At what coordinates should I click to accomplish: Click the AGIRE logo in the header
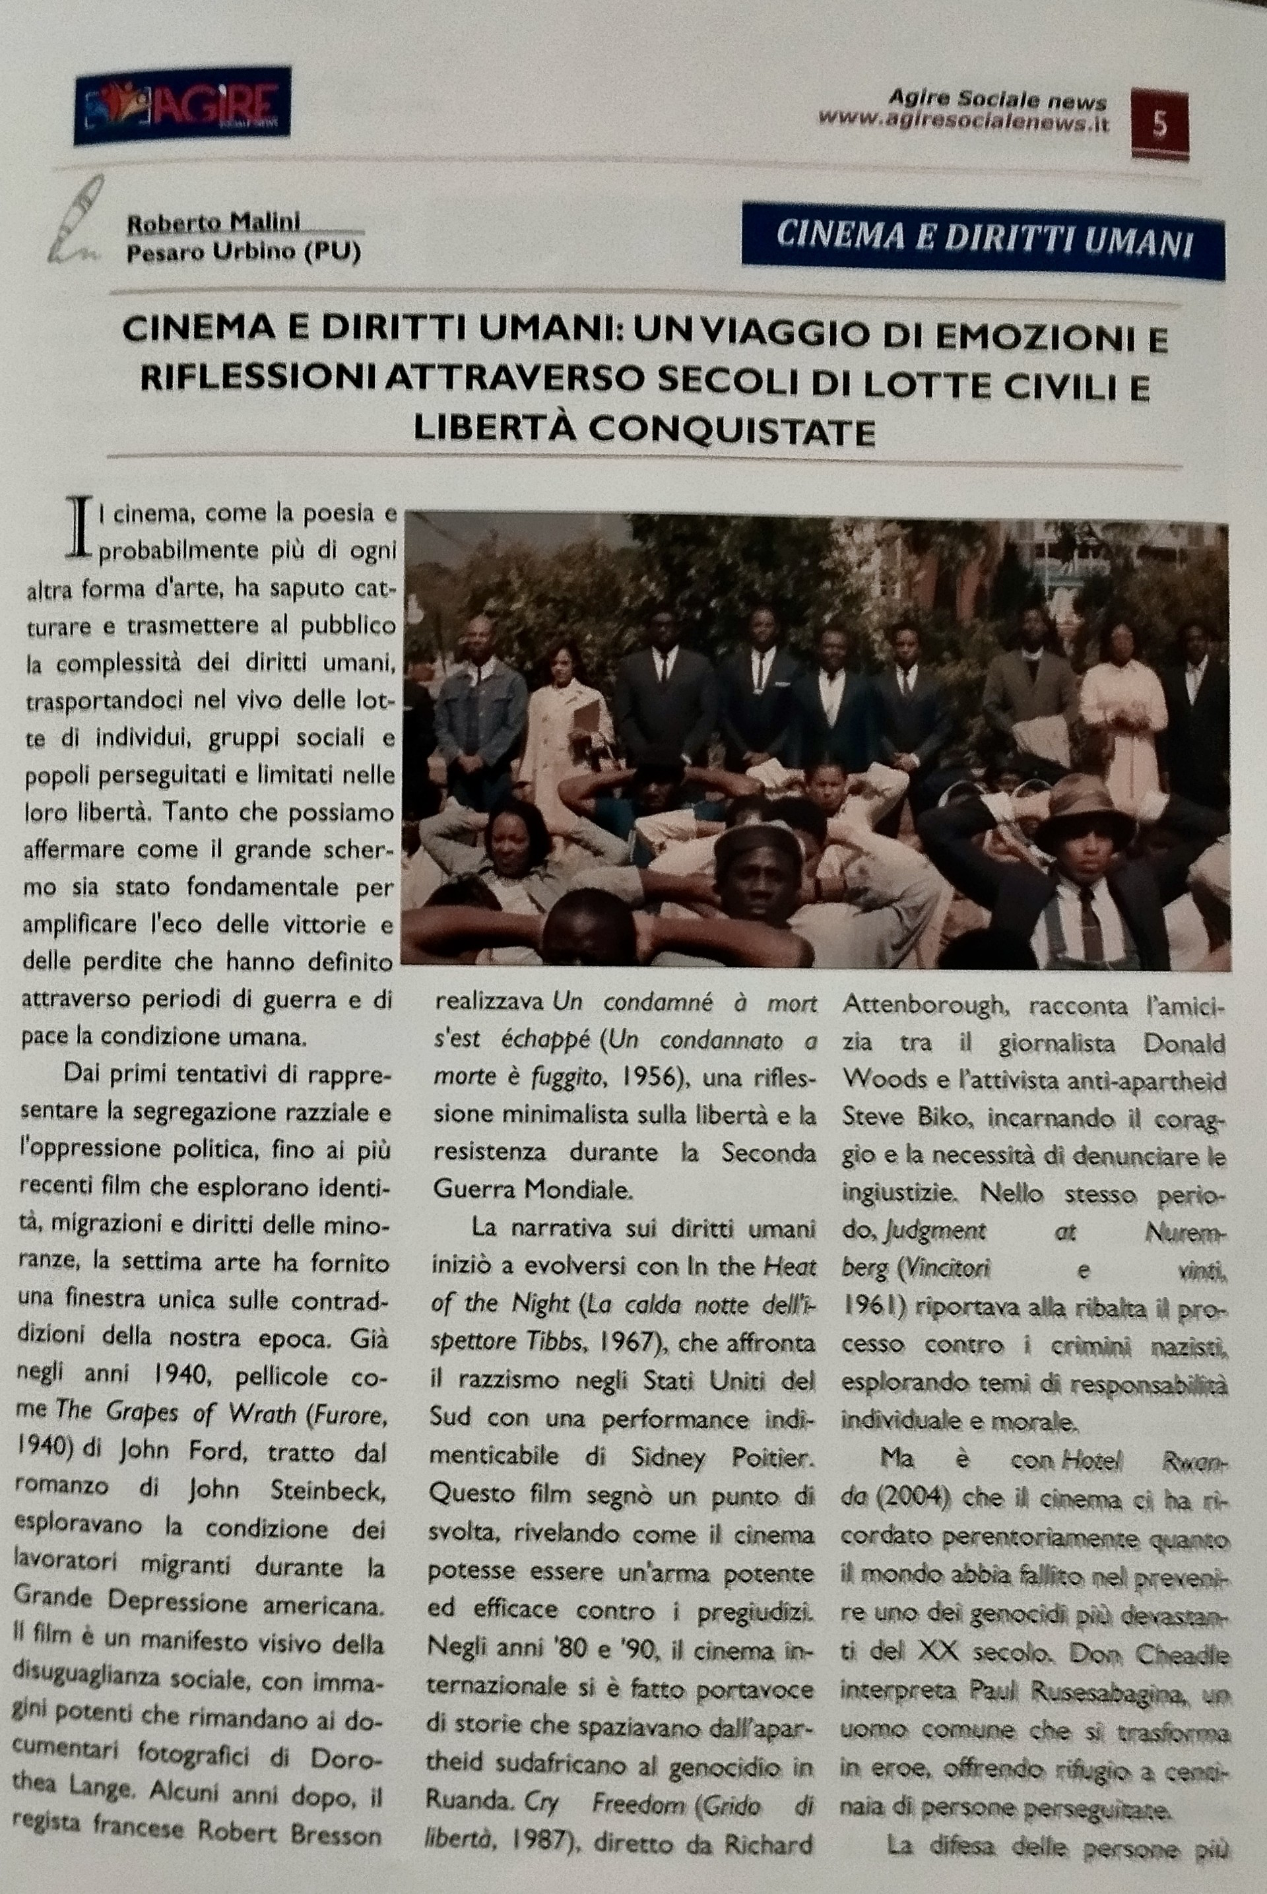click(x=183, y=106)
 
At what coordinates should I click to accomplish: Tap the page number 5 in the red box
click(x=1159, y=125)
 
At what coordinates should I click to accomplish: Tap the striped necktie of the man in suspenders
click(x=1090, y=921)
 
